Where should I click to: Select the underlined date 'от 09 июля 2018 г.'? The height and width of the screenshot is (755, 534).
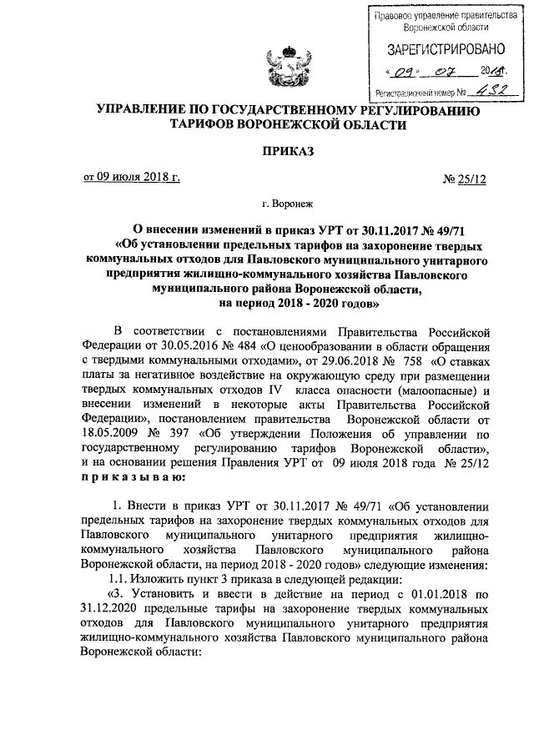pos(130,176)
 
